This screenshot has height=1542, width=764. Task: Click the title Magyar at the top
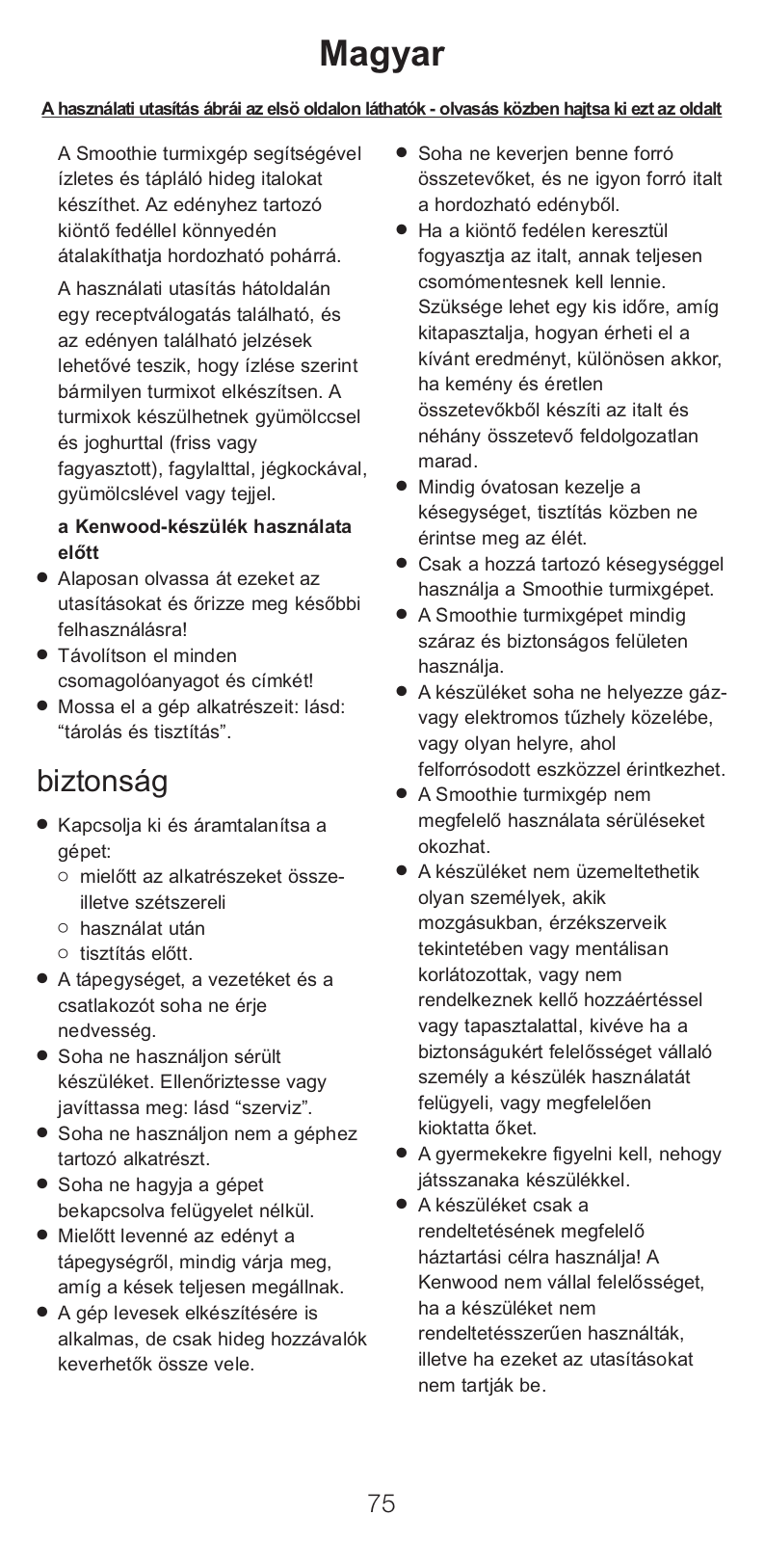[382, 54]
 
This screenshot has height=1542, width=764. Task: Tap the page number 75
[382, 1502]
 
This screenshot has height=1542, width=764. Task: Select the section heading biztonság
[102, 781]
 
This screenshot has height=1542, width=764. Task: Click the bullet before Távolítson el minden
[42, 654]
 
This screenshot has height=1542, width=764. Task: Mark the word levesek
[144, 1313]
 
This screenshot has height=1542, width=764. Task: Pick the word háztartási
[458, 1257]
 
